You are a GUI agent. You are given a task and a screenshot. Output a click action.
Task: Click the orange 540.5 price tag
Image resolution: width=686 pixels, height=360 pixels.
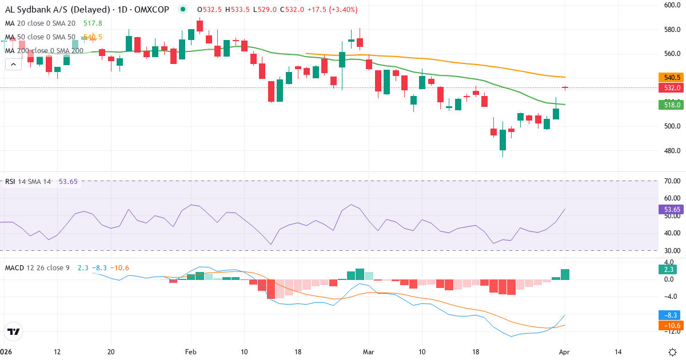coord(672,77)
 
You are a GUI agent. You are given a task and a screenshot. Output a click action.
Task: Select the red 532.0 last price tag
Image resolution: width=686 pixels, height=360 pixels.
coord(672,88)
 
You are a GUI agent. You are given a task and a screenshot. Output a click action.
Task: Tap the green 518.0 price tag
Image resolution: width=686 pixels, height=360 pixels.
coord(672,105)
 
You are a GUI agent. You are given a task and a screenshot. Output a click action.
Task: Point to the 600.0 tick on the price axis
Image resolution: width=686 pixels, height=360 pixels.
coord(671,5)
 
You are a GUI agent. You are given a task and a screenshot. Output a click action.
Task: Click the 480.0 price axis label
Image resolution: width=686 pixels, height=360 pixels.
coord(671,151)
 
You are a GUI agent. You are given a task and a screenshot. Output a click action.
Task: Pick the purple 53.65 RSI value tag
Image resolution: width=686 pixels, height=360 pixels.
coord(672,210)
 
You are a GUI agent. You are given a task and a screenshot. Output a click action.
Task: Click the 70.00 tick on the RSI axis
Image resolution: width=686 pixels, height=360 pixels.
coord(672,181)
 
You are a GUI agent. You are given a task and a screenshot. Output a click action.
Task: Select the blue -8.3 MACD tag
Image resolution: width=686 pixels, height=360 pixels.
coord(671,315)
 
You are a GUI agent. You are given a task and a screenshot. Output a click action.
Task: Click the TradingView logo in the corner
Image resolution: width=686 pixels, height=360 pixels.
coord(14,331)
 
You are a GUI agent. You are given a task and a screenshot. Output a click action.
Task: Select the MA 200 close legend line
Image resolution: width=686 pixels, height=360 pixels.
coord(45,50)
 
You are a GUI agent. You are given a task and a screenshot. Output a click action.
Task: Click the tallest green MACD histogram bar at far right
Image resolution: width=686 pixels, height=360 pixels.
coord(565,274)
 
